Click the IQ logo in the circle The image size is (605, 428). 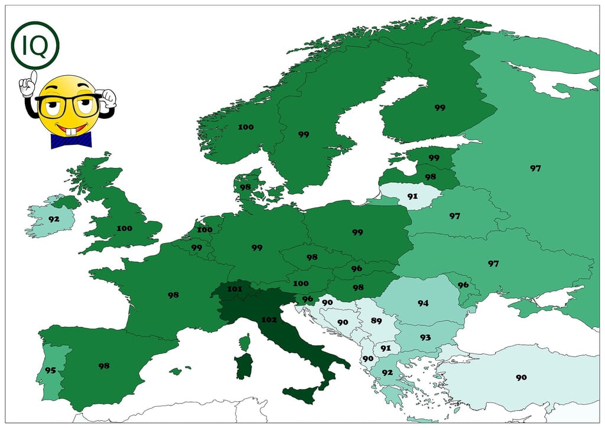(x=35, y=46)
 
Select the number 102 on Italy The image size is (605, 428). (x=268, y=320)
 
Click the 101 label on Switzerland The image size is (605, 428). (x=235, y=289)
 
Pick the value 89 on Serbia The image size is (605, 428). (x=376, y=321)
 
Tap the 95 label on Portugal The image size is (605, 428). (x=50, y=371)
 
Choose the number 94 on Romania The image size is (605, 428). (x=422, y=303)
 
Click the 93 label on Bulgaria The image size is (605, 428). (x=425, y=337)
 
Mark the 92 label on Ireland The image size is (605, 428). (x=54, y=218)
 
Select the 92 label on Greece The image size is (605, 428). (x=387, y=372)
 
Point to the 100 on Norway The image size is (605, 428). (x=245, y=127)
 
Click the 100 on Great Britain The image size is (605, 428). (x=124, y=228)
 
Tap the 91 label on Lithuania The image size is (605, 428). (x=412, y=196)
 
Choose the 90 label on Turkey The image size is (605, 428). (x=521, y=377)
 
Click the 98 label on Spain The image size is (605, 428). (x=104, y=366)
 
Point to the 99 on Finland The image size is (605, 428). (x=440, y=108)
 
